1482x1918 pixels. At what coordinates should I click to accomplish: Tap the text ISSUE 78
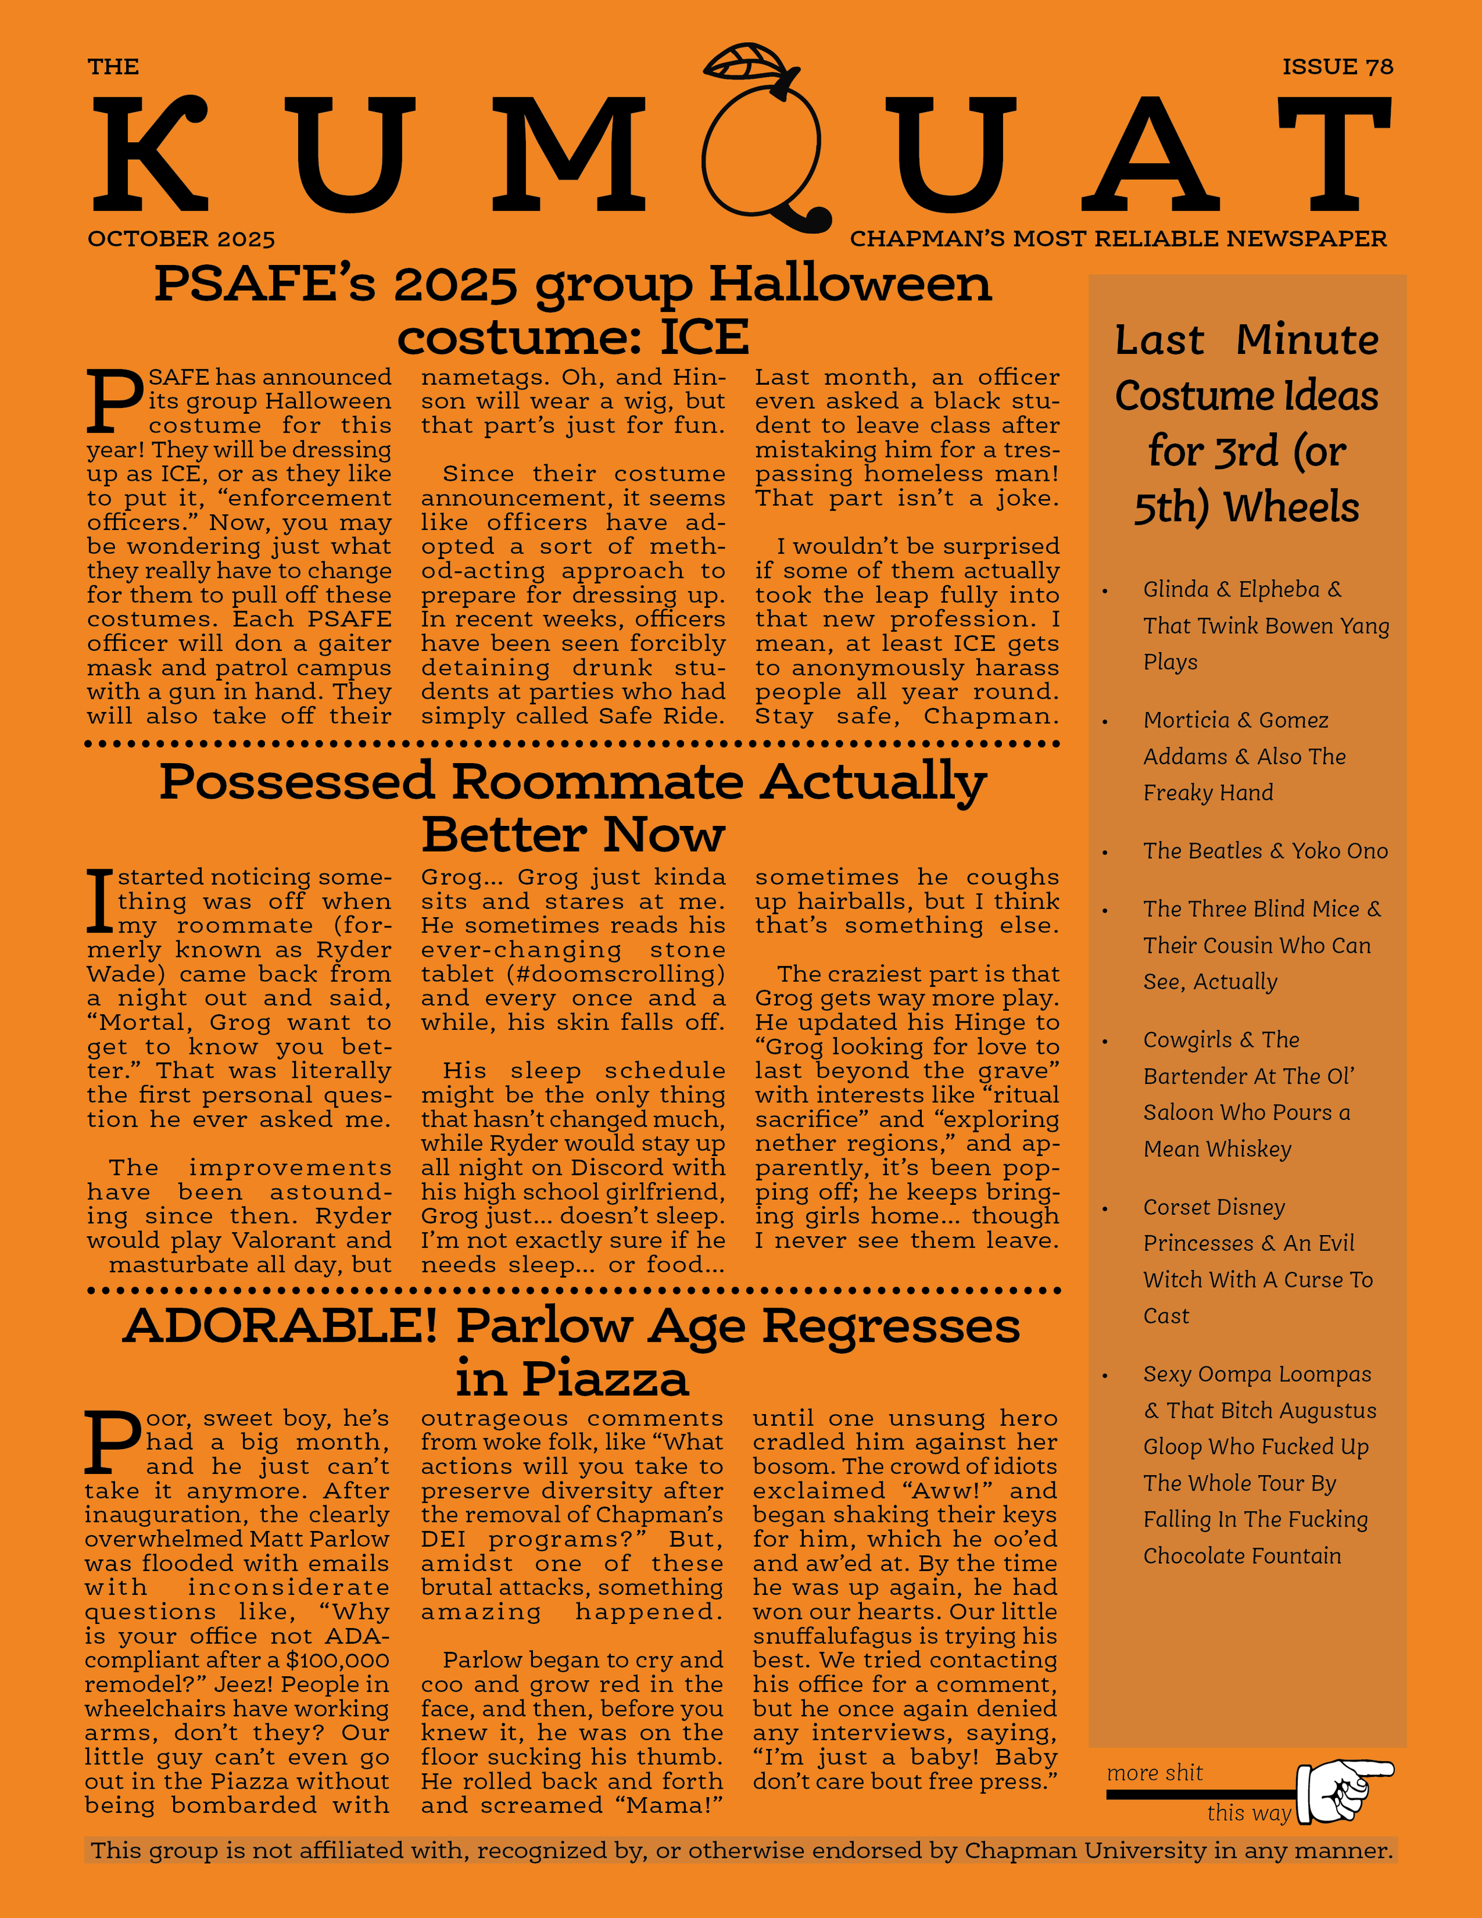[1337, 67]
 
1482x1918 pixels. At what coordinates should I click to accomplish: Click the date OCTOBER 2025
[181, 239]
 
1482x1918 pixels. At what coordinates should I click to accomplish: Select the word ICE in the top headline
[704, 337]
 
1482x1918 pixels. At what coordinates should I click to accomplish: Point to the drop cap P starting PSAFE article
[114, 401]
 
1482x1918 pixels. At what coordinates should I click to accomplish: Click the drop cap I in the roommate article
[100, 900]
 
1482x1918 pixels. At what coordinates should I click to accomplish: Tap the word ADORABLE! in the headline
[280, 1326]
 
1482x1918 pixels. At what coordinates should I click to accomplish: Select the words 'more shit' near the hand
[1155, 1773]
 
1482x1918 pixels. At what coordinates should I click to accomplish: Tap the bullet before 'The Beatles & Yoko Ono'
[1106, 853]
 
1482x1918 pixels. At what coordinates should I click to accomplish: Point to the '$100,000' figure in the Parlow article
[337, 1661]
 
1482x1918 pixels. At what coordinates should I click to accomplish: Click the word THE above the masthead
[113, 67]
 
